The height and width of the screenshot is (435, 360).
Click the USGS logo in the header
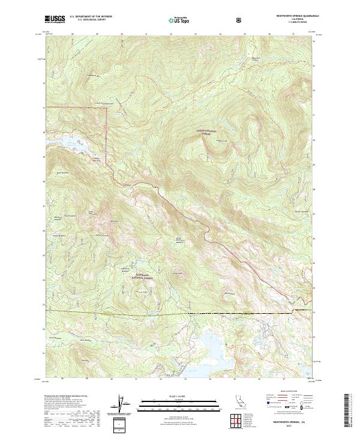[x=55, y=19]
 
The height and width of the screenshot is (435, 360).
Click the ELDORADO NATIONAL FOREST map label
[x=140, y=277]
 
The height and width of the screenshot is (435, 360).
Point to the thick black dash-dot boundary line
[x=240, y=313]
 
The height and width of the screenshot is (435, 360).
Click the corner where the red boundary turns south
[x=107, y=108]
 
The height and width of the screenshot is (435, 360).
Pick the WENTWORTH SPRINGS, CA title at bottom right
[x=292, y=422]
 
